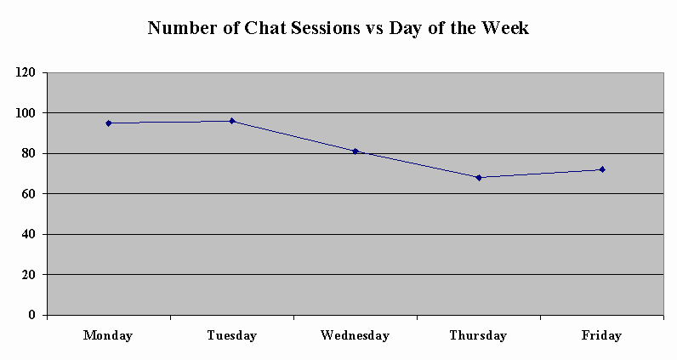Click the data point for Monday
tap(109, 123)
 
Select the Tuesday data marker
tap(232, 121)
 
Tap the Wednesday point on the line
tap(356, 151)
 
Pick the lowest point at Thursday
tap(479, 178)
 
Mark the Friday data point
tap(602, 169)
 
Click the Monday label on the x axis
tap(108, 335)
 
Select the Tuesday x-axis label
tap(232, 335)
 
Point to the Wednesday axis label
tap(355, 335)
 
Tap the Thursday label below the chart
tap(478, 335)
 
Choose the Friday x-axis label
tap(601, 335)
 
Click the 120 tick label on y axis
tap(25, 72)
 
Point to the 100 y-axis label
tap(25, 113)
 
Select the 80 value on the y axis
tap(29, 153)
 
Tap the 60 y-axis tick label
tap(29, 193)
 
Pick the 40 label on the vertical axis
tap(29, 234)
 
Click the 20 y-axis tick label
tap(29, 274)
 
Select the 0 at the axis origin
tap(32, 315)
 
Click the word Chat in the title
tap(265, 28)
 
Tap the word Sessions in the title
tap(325, 28)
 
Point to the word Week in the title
tap(505, 28)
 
